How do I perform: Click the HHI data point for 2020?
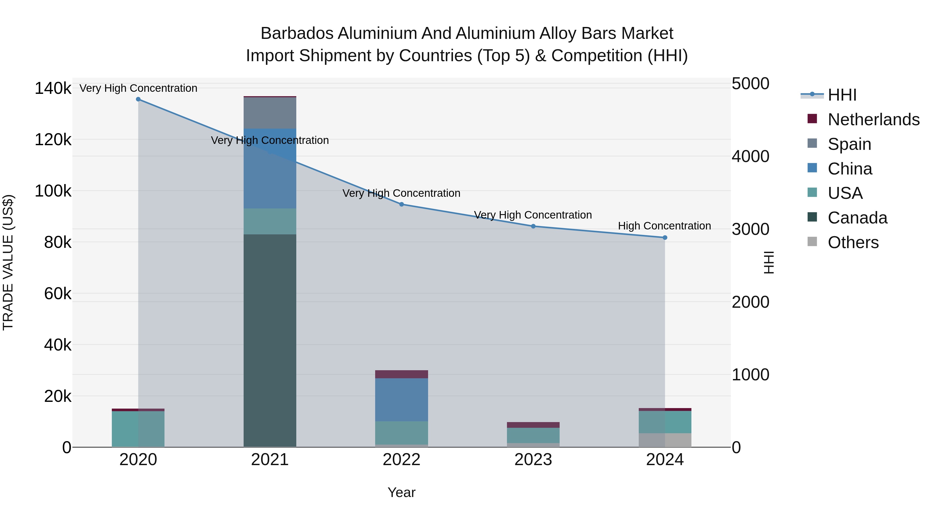[x=138, y=99]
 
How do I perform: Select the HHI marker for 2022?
[x=401, y=204]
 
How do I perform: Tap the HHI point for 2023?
[x=533, y=226]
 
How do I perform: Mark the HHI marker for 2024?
[x=665, y=238]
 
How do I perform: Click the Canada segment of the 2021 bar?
[x=270, y=341]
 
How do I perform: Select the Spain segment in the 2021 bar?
[x=270, y=113]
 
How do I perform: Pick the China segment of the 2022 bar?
[x=401, y=400]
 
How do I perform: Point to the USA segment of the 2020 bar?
[x=138, y=429]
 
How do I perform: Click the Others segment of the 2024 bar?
[x=665, y=440]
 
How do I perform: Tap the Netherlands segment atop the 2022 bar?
[x=401, y=374]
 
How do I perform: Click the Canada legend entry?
[x=857, y=218]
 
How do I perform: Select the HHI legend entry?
[x=842, y=95]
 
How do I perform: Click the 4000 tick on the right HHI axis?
[x=750, y=157]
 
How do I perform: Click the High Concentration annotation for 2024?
[x=664, y=226]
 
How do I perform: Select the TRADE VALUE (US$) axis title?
[x=8, y=262]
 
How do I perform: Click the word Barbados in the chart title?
[x=297, y=34]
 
